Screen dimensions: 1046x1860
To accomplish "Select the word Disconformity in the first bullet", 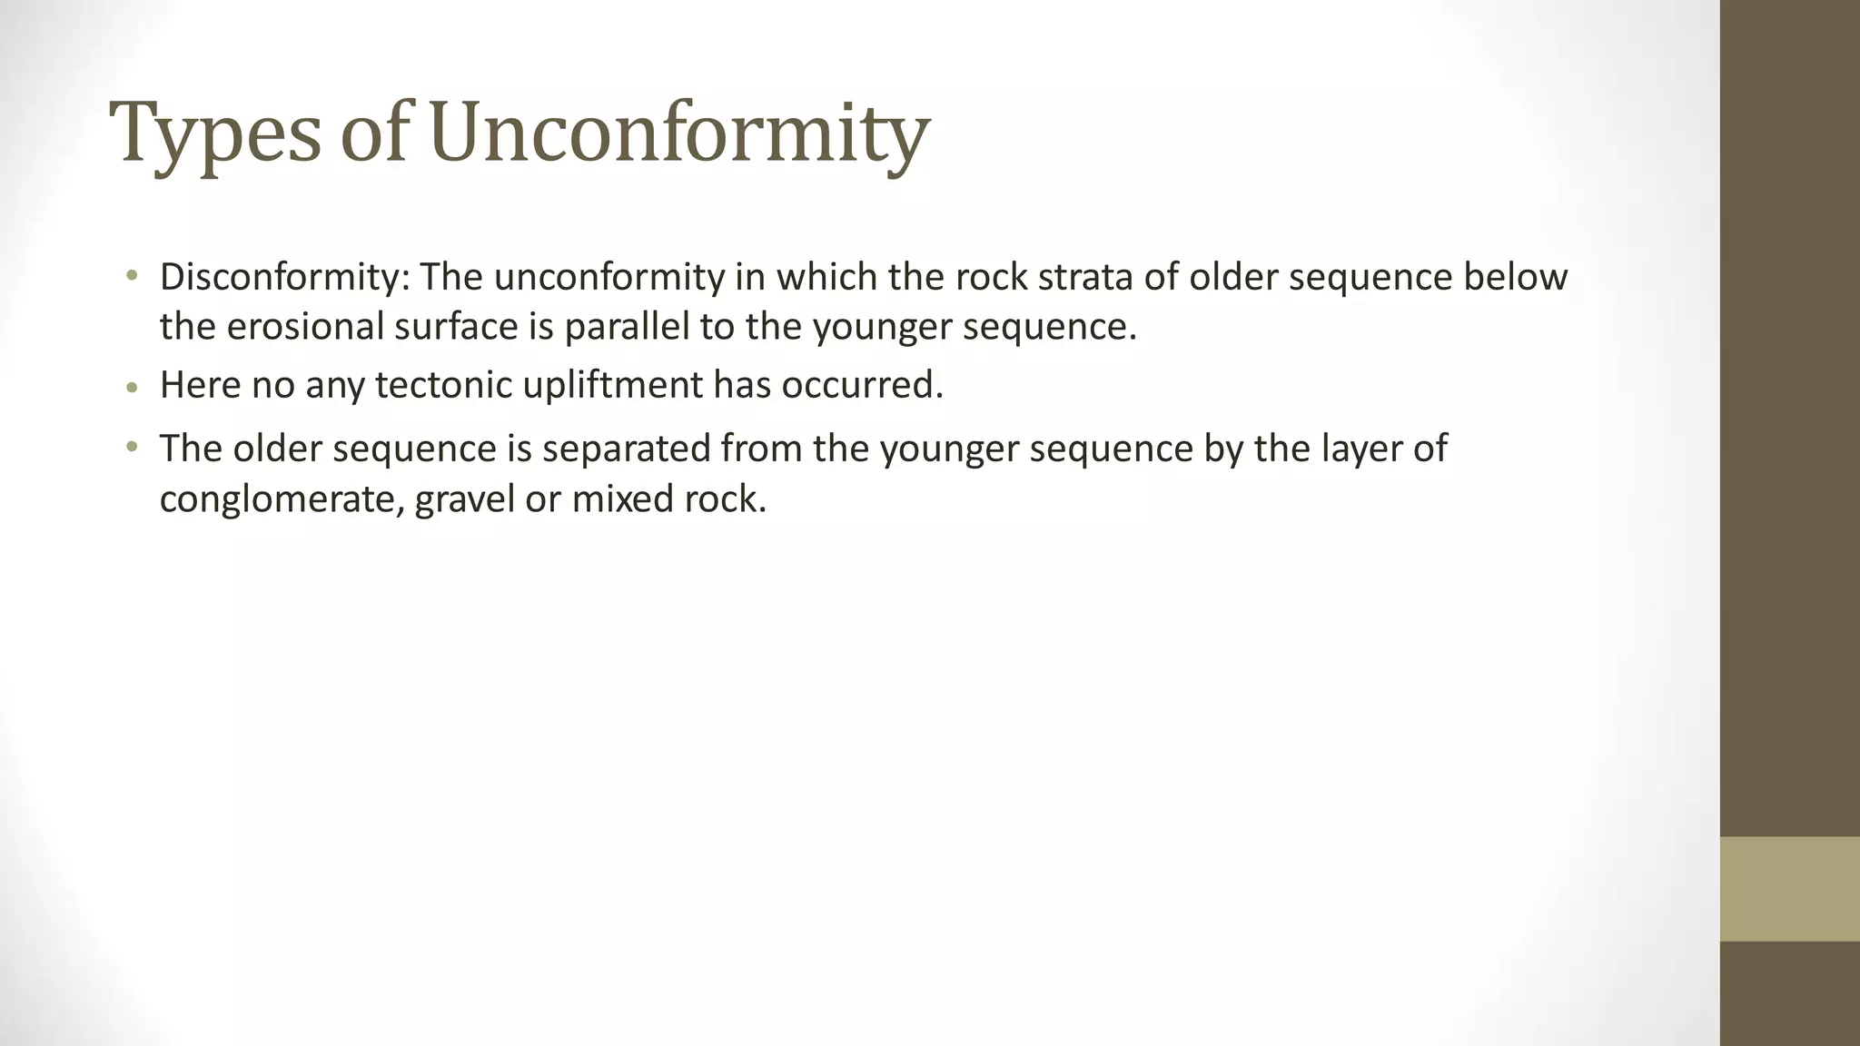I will tap(284, 277).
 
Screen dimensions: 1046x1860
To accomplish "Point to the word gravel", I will tap(464, 499).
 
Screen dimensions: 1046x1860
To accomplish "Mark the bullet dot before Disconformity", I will tap(133, 275).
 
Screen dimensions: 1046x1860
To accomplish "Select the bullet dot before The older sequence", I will tap(133, 447).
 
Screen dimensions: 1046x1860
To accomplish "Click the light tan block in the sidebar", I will tap(1789, 889).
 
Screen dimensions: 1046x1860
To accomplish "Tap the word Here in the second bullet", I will tap(200, 385).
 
